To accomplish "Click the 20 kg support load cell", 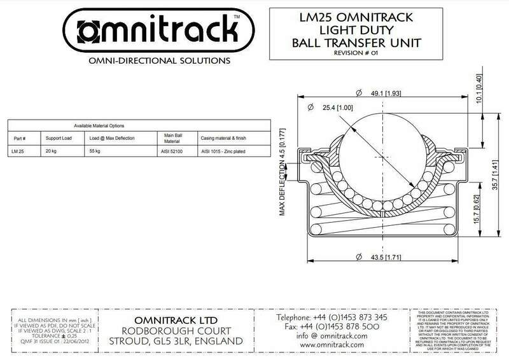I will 52,152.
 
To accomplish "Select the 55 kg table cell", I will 95,152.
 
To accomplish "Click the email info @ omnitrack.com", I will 325,336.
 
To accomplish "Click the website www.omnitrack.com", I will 325,346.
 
